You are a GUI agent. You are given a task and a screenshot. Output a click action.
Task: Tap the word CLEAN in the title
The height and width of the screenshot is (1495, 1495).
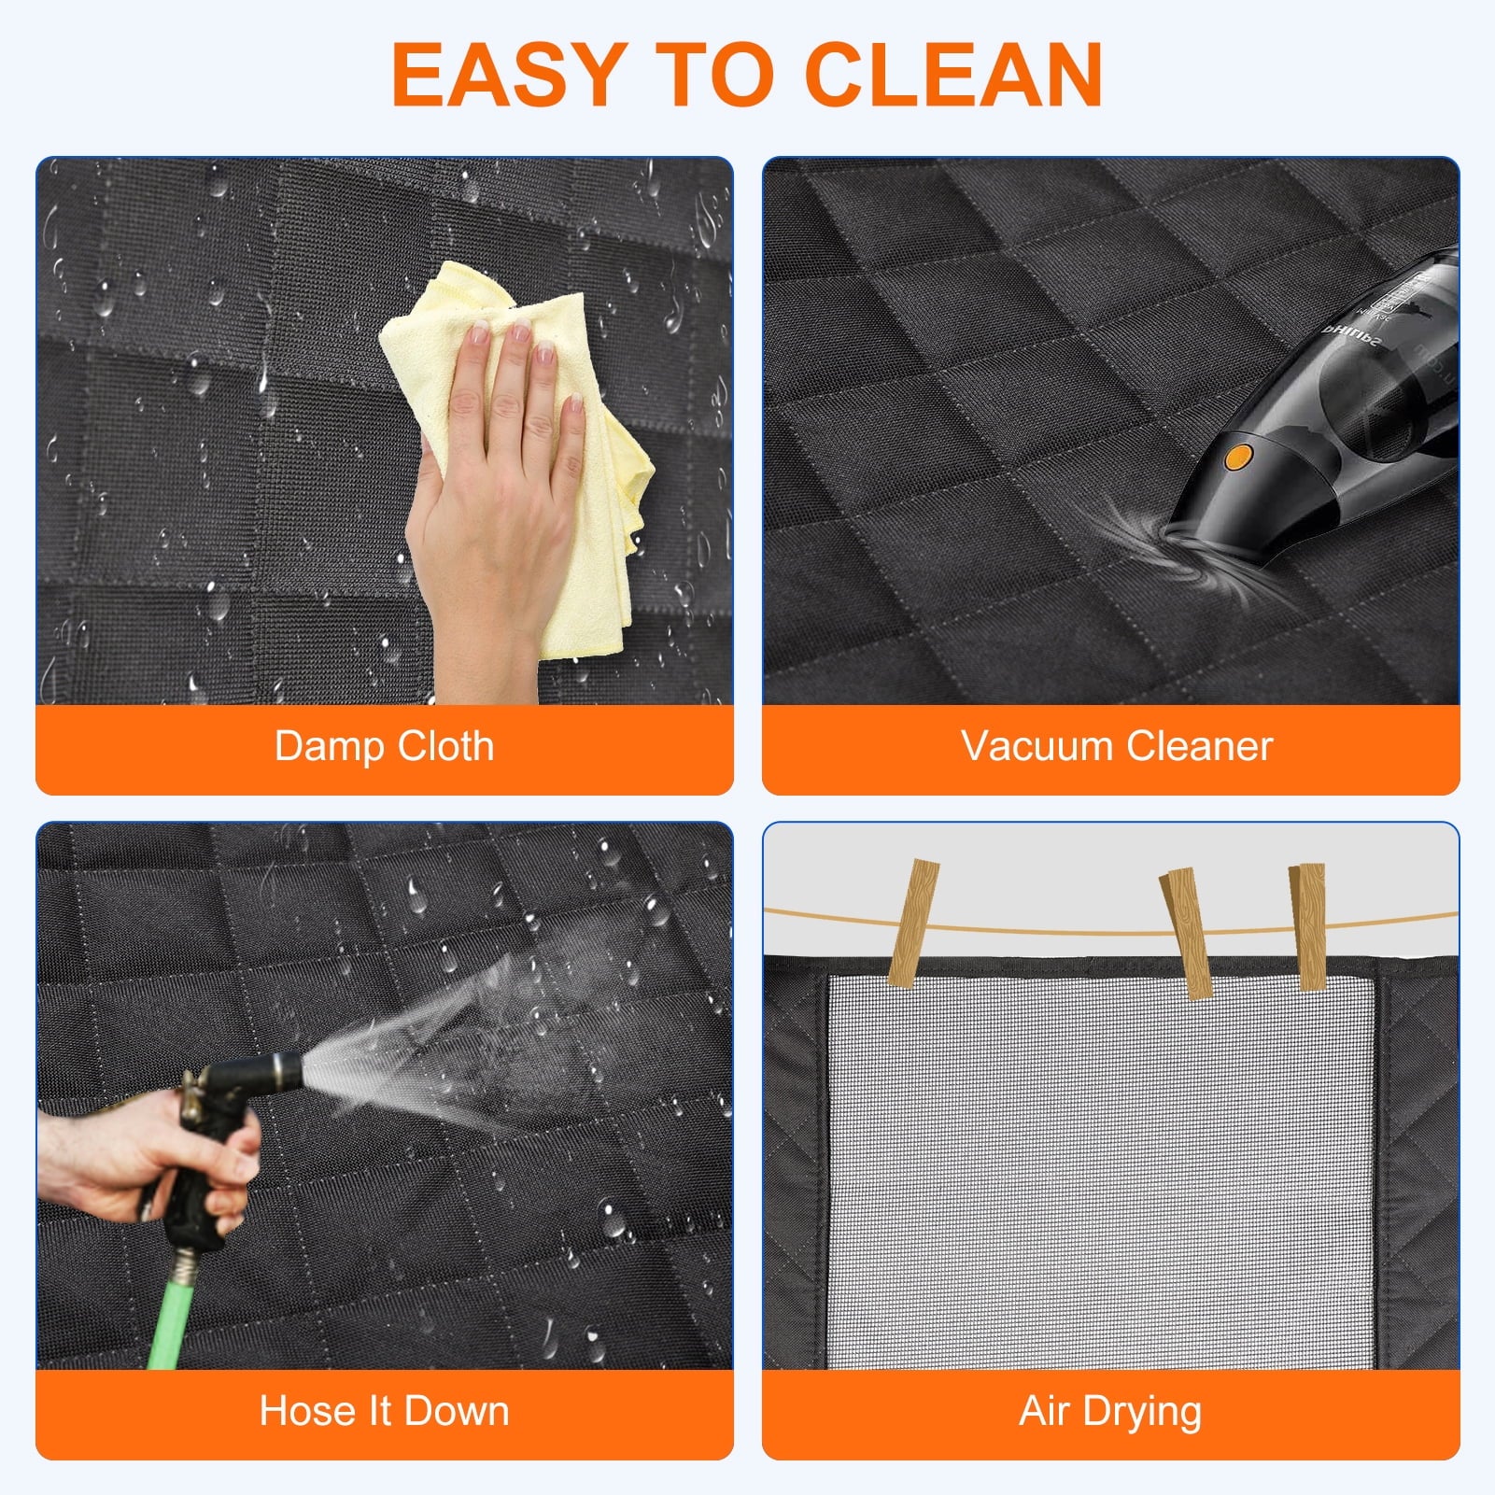point(953,75)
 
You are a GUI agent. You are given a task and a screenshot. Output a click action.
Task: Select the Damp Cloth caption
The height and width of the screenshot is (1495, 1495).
point(384,747)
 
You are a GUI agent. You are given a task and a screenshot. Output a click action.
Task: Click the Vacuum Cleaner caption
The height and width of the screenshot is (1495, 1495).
point(1117,747)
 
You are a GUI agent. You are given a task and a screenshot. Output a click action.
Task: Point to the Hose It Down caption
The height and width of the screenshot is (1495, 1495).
point(384,1411)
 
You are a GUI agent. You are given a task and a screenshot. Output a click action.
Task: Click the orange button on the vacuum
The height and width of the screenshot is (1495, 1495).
point(1238,457)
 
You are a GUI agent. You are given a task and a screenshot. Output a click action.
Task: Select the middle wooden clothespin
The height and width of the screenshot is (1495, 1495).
point(1186,933)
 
